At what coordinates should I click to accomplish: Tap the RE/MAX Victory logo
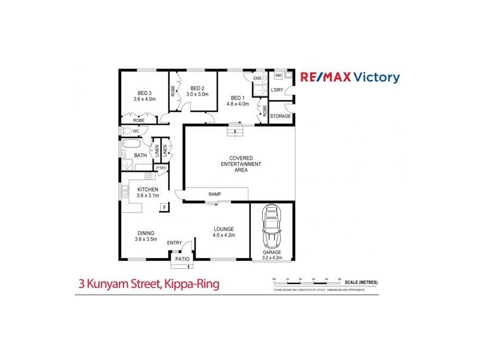349,77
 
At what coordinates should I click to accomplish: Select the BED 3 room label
144,93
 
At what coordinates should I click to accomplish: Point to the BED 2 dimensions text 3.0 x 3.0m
197,94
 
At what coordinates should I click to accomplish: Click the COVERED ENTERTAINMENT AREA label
242,164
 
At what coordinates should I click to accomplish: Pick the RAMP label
215,194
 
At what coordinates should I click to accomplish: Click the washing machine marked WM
278,76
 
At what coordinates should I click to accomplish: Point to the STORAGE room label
280,116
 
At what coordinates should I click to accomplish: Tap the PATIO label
182,259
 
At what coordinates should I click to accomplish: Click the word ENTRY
175,243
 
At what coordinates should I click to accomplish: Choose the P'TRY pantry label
161,168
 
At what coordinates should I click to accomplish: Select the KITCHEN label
148,190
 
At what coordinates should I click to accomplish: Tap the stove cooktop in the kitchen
148,177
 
